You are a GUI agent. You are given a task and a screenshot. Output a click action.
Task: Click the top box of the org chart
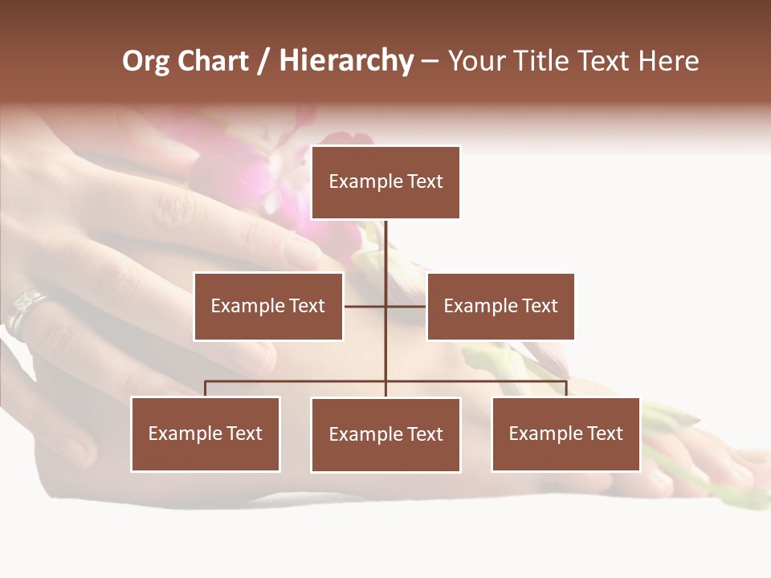(x=385, y=182)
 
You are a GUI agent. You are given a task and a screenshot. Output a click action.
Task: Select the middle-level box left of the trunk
(x=268, y=306)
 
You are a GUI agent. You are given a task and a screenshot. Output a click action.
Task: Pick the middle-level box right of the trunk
(x=500, y=306)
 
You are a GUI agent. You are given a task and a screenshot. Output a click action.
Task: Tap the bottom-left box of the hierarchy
(x=206, y=433)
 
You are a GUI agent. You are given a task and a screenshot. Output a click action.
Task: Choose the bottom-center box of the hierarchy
(x=385, y=434)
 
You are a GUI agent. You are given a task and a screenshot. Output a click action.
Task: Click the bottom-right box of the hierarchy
(x=565, y=433)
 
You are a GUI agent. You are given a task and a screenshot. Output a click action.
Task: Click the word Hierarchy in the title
(x=346, y=61)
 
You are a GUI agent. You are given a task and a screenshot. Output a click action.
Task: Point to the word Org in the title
(x=145, y=61)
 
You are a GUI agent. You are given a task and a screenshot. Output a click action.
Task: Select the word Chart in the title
(x=212, y=61)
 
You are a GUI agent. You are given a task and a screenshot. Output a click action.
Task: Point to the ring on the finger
(x=22, y=310)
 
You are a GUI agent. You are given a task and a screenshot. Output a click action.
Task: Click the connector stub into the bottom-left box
(x=206, y=389)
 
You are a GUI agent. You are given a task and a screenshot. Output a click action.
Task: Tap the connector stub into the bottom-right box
(x=566, y=389)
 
